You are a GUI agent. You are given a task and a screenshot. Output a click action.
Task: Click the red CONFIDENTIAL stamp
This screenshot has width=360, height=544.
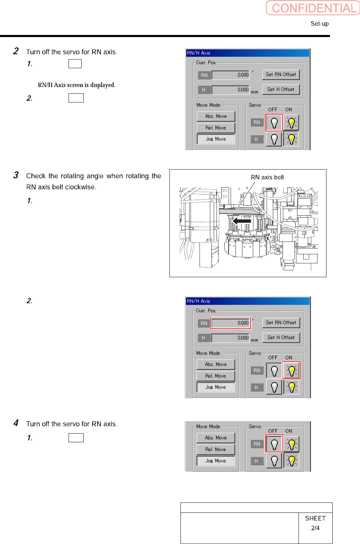pos(313,8)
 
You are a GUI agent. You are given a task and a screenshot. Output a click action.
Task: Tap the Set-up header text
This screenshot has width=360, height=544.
pos(320,24)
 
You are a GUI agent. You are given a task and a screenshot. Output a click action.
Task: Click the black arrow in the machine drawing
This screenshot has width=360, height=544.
pos(242,220)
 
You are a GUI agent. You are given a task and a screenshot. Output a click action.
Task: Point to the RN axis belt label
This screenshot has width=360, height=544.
pos(267,177)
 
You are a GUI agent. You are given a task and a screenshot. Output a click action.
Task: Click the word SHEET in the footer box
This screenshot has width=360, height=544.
pos(315,518)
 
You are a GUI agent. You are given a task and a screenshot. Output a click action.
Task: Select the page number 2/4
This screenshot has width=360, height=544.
pos(315,528)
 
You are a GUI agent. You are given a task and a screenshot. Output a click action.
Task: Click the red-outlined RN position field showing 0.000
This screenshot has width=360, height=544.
pos(231,323)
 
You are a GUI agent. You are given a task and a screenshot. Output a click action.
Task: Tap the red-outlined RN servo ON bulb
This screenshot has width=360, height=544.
pos(291,371)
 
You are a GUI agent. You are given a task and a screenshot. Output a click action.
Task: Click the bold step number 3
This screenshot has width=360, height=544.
pos(16,175)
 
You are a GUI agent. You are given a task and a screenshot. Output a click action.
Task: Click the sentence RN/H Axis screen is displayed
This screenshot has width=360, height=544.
pos(76,85)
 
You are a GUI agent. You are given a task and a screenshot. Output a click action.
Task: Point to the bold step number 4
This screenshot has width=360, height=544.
pos(16,423)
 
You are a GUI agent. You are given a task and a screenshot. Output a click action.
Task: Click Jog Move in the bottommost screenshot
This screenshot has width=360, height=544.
pos(215,461)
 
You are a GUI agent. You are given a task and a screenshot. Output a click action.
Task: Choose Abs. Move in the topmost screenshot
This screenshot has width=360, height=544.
pos(216,116)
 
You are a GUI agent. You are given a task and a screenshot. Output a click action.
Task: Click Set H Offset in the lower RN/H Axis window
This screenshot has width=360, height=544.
pos(281,337)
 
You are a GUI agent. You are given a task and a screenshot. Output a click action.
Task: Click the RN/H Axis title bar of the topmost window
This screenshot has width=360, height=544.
pos(247,53)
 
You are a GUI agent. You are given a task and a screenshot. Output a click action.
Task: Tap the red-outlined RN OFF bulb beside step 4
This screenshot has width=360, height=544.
pos(274,444)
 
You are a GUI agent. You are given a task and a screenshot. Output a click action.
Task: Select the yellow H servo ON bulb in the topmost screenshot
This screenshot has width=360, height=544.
pos(291,139)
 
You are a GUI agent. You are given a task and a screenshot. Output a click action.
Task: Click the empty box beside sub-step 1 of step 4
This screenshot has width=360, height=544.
pos(76,438)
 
